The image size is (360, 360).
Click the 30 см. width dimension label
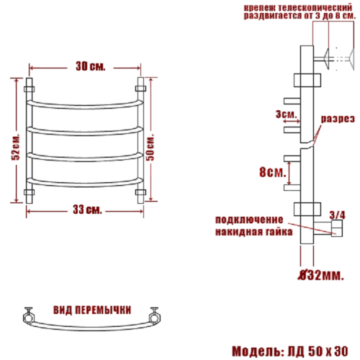[x=91, y=66]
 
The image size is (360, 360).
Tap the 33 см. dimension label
[x=87, y=210]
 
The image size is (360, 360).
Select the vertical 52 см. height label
[x=16, y=147]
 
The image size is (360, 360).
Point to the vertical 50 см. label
[x=150, y=148]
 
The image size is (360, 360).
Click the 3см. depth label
[x=287, y=114]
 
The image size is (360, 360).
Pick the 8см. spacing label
[x=273, y=172]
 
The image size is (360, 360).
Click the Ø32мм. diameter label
[x=320, y=275]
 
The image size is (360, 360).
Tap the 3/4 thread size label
[x=337, y=215]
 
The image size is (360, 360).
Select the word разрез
[x=338, y=119]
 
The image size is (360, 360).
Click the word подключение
[x=249, y=220]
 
